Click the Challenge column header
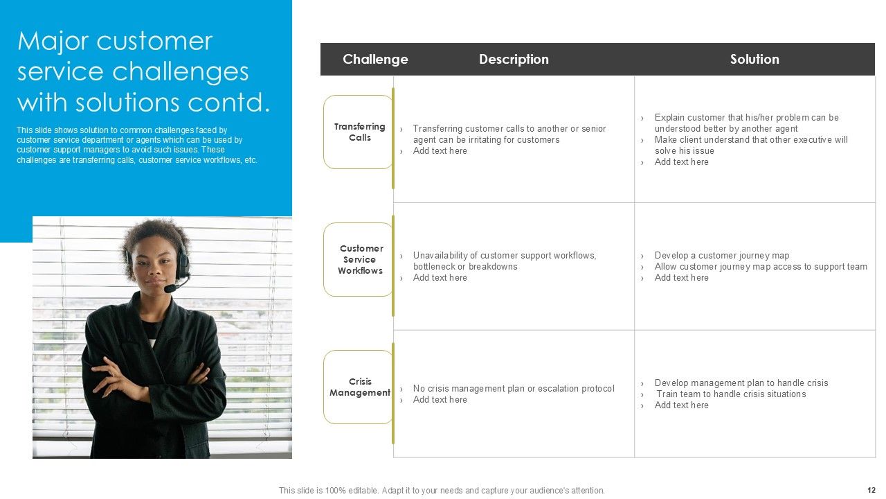click(375, 60)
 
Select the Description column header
click(514, 60)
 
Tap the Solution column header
click(754, 60)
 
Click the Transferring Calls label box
click(359, 132)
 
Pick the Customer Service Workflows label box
click(359, 259)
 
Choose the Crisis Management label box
click(359, 387)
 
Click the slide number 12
click(871, 489)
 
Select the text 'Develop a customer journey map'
click(722, 256)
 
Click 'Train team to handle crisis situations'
click(731, 394)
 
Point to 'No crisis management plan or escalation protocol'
click(513, 389)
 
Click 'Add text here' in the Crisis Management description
click(440, 400)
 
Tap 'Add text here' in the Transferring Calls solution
click(681, 162)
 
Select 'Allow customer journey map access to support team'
click(761, 267)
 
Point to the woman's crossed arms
click(149, 374)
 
